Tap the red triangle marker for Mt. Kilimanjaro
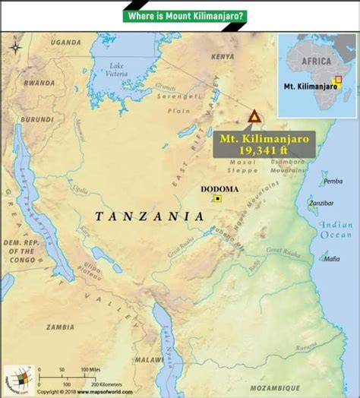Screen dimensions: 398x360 254,117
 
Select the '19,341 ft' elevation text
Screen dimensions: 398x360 253,150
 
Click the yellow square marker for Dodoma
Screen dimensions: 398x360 218,199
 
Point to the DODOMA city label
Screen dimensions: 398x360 219,188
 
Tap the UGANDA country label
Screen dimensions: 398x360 65,43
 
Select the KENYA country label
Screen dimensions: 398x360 223,57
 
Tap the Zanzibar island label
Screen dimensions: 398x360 321,204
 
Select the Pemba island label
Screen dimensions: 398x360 333,181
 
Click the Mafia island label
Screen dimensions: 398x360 331,259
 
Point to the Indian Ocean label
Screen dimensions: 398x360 336,230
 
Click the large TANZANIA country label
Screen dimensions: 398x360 150,216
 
